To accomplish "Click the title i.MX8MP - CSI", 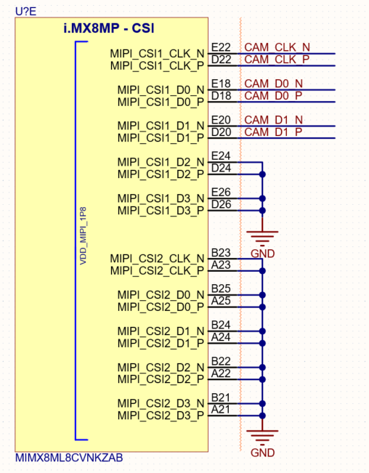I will click(110, 31).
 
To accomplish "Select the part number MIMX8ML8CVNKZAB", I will click(69, 459).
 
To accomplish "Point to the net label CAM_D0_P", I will click(272, 96).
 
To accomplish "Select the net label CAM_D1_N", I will click(272, 119).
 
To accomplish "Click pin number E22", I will click(221, 47).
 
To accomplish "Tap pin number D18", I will click(221, 96).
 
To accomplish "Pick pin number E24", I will click(221, 155).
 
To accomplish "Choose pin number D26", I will click(221, 205).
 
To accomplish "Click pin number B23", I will click(221, 252).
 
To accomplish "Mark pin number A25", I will click(221, 301).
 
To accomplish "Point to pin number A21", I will click(221, 410).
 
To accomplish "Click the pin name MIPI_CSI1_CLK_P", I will click(157, 65).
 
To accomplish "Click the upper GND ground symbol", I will click(262, 236).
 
